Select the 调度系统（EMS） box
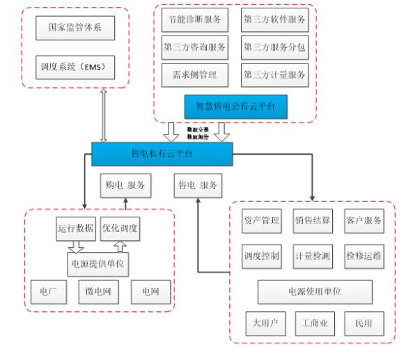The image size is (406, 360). click(x=73, y=69)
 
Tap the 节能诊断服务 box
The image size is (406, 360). click(x=195, y=20)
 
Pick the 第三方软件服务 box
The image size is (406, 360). click(x=274, y=20)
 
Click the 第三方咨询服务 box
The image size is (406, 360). click(x=195, y=47)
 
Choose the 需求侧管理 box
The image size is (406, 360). click(x=195, y=73)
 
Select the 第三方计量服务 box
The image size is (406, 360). click(x=274, y=73)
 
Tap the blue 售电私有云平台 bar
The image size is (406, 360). click(x=161, y=153)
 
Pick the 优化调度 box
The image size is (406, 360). click(x=120, y=228)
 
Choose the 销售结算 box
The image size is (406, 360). click(x=311, y=221)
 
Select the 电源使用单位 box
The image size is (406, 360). click(x=311, y=290)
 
